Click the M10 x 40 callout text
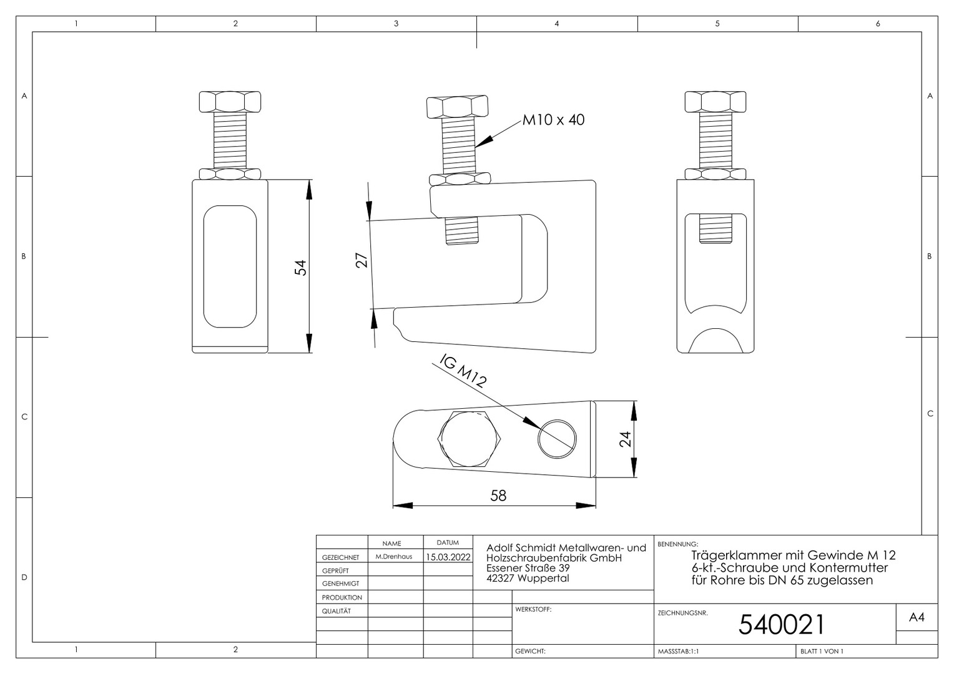(x=553, y=120)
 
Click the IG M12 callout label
(x=463, y=371)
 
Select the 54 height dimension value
(x=301, y=267)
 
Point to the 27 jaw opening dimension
(x=361, y=260)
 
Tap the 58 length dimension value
(x=498, y=496)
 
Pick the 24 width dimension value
(x=625, y=439)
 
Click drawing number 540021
(x=782, y=625)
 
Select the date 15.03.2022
(x=448, y=557)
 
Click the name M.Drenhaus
(x=394, y=557)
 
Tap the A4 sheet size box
(x=917, y=617)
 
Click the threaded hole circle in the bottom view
(x=557, y=439)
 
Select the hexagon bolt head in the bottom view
(x=470, y=439)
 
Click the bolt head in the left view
(x=230, y=102)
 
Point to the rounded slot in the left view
(x=230, y=266)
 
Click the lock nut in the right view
(x=715, y=173)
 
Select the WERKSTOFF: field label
(x=533, y=609)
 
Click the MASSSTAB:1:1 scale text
(x=679, y=652)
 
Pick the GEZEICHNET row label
(x=340, y=557)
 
